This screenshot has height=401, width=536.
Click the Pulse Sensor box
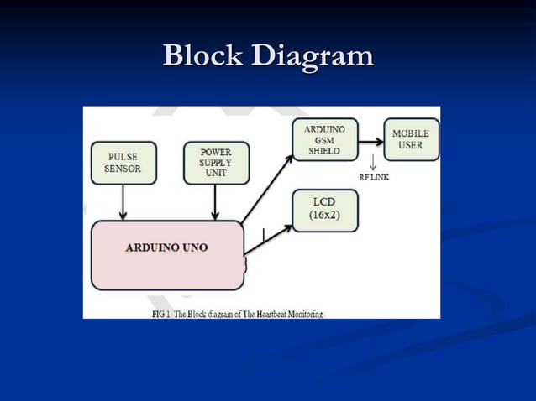point(123,163)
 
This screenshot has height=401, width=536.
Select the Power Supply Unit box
point(216,163)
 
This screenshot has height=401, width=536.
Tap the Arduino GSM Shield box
point(324,139)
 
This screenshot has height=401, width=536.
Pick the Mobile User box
point(411,139)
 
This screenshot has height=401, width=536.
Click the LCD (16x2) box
point(324,210)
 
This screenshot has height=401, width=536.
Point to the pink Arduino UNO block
point(166,248)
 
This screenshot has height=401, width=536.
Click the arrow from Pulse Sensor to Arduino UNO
point(123,201)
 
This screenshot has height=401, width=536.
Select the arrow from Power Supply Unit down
point(216,201)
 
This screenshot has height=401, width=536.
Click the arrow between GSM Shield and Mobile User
point(370,140)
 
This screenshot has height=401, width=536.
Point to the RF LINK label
point(374,177)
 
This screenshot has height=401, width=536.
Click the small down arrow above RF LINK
point(372,163)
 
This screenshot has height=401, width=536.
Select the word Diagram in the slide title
point(311,56)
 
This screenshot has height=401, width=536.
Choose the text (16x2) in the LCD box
point(324,216)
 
